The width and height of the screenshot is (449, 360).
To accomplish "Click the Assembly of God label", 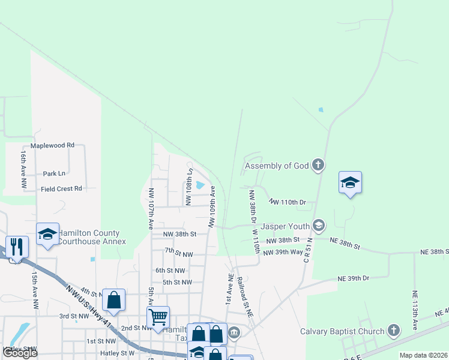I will [x=277, y=166].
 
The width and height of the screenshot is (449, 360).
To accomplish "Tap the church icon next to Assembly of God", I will [x=318, y=165].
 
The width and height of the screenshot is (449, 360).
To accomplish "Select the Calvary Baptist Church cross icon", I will [x=393, y=331].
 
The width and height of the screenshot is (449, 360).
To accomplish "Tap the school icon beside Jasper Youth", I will [x=318, y=226].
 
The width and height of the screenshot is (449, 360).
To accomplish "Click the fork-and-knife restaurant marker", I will [x=16, y=246].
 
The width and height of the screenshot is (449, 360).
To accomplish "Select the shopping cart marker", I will [x=158, y=316].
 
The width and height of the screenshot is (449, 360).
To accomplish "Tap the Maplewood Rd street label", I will [x=52, y=145].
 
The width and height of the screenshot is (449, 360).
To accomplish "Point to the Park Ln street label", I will [x=54, y=173].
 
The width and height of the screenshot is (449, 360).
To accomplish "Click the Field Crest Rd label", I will [x=61, y=188].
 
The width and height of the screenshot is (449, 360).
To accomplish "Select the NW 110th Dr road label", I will [x=288, y=202].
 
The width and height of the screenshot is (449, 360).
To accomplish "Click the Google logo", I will [x=20, y=353].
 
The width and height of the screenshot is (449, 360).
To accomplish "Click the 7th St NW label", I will [x=178, y=254].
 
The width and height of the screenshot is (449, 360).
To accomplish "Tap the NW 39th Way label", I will [x=283, y=252].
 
